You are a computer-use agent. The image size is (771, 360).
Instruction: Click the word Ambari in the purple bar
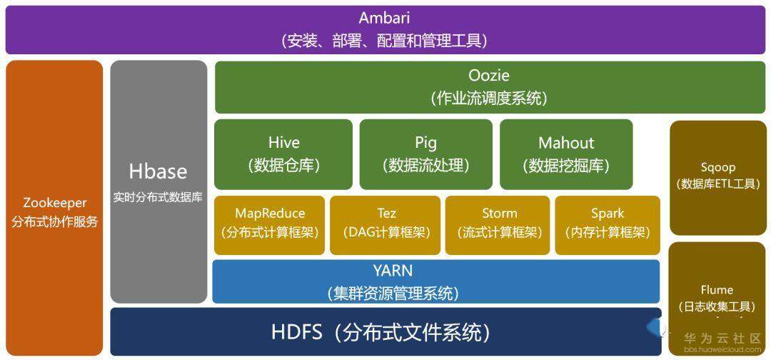[385, 19]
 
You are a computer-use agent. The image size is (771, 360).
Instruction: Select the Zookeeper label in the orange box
[55, 203]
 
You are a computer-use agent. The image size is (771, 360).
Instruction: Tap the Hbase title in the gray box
[158, 171]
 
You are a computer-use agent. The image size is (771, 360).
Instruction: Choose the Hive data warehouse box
[283, 154]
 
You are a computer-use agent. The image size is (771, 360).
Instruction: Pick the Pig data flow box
[425, 154]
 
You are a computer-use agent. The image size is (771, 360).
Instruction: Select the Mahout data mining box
[566, 154]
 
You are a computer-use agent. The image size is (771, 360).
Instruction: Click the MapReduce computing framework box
[270, 223]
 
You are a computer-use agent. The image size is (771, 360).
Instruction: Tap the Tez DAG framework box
[386, 223]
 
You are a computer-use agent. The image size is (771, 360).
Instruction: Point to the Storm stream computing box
[499, 223]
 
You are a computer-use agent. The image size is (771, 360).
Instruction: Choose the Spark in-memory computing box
[608, 223]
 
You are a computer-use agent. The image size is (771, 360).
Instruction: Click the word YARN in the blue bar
[393, 271]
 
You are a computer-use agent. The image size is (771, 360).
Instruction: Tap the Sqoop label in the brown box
[717, 167]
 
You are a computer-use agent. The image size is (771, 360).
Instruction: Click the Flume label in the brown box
[717, 290]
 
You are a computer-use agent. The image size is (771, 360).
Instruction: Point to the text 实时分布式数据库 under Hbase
[158, 197]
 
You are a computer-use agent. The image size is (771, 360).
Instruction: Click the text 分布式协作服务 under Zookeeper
[55, 221]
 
